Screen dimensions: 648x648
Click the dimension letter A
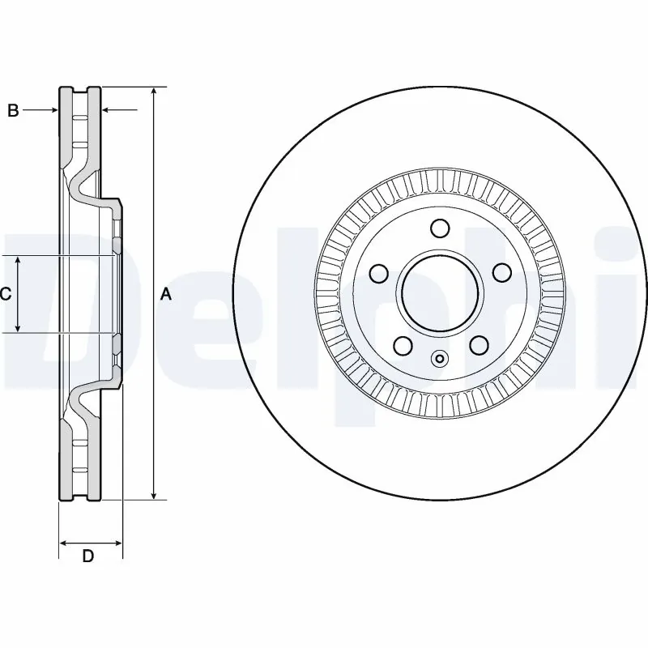pyautogui.click(x=166, y=294)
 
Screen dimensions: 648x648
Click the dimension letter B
pyautogui.click(x=13, y=111)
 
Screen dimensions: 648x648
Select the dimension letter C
pyautogui.click(x=5, y=294)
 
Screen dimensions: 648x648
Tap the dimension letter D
pyautogui.click(x=89, y=556)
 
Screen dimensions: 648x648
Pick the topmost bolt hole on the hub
pyautogui.click(x=440, y=228)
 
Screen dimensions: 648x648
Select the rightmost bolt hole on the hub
pyautogui.click(x=501, y=272)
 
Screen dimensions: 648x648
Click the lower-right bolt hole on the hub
pyautogui.click(x=478, y=346)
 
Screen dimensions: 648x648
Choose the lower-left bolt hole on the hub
pyautogui.click(x=401, y=346)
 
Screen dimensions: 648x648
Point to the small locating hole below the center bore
pyautogui.click(x=440, y=359)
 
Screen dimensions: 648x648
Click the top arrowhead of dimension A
pyautogui.click(x=153, y=92)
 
